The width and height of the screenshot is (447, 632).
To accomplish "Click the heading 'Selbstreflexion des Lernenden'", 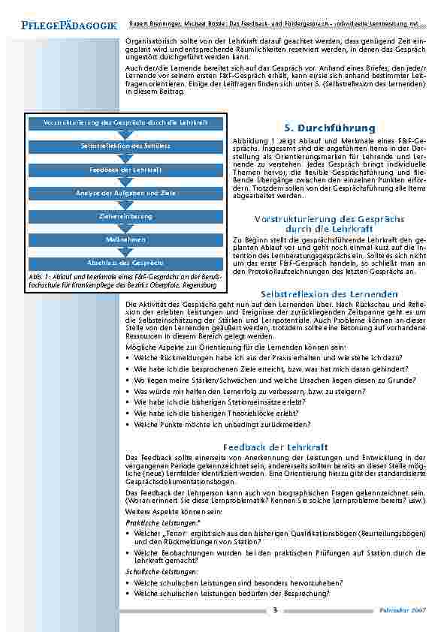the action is [329, 293].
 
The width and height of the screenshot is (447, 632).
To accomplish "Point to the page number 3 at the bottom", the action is [275, 610].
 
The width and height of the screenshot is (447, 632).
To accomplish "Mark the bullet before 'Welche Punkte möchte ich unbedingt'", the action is [128, 424].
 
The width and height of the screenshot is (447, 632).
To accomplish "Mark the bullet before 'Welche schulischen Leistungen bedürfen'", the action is [128, 594].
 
